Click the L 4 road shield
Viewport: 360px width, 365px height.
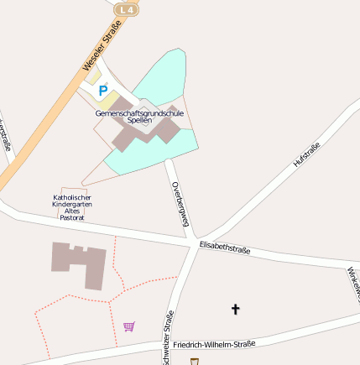[126, 9]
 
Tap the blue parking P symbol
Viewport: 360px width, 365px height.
[103, 90]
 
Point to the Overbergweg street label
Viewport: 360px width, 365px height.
[180, 203]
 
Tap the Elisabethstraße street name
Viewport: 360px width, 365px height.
[225, 248]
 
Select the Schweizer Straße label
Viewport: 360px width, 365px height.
[168, 338]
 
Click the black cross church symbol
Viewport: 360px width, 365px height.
[235, 310]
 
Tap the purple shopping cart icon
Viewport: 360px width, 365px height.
[129, 326]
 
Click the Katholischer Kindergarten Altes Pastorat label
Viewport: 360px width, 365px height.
[72, 206]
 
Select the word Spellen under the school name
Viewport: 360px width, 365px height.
[139, 121]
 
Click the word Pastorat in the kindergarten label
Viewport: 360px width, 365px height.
[72, 217]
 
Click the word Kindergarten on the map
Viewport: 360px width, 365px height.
[72, 204]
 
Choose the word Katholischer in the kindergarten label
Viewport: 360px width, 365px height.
[72, 197]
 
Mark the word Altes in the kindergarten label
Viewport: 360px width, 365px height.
[72, 211]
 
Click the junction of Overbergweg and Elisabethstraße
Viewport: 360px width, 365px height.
[192, 242]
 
